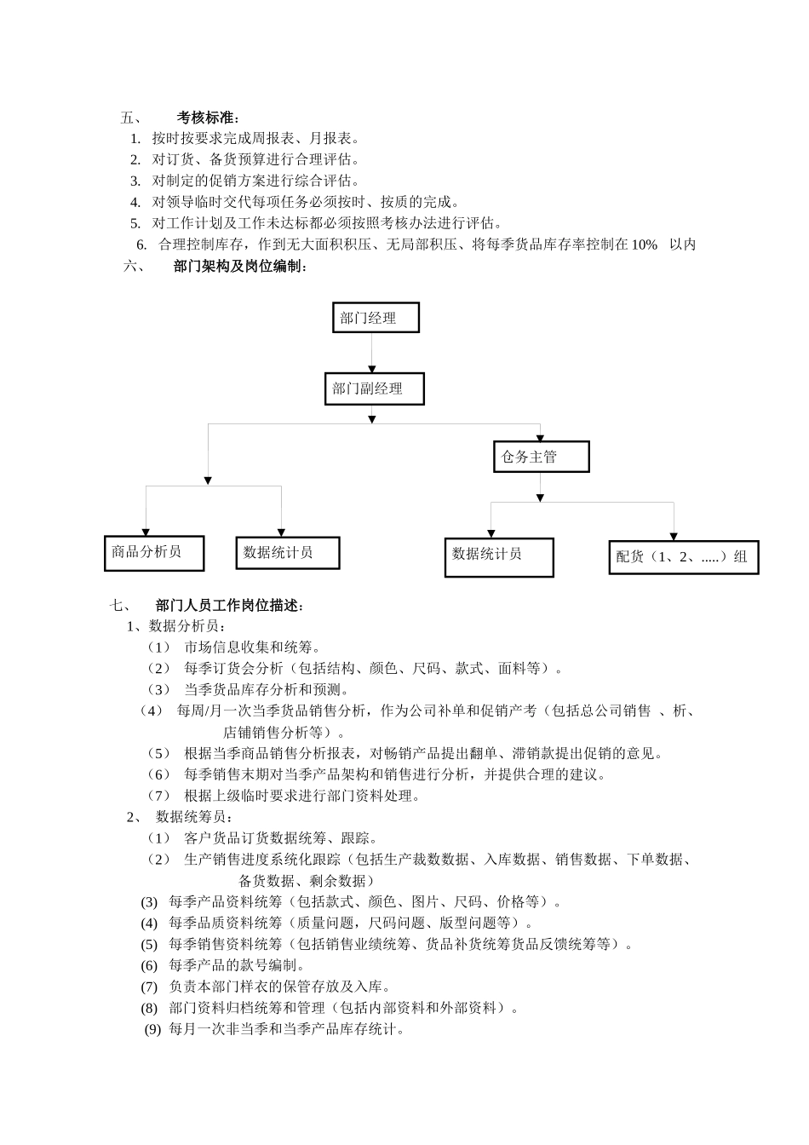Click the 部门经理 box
(x=375, y=318)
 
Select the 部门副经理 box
(x=374, y=388)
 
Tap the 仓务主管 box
(x=541, y=457)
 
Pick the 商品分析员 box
(x=154, y=552)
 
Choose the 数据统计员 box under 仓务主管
(x=498, y=556)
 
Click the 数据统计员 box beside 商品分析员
(x=288, y=552)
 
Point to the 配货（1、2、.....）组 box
(x=683, y=557)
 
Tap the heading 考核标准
(x=208, y=118)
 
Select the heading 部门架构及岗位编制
(x=239, y=267)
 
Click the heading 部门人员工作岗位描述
(x=229, y=606)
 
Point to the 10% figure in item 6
(x=644, y=245)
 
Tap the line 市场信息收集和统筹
(x=252, y=647)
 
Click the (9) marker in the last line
(x=152, y=1029)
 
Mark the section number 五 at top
(x=131, y=118)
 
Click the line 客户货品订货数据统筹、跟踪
(x=281, y=838)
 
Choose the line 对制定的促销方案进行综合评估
(x=255, y=181)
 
